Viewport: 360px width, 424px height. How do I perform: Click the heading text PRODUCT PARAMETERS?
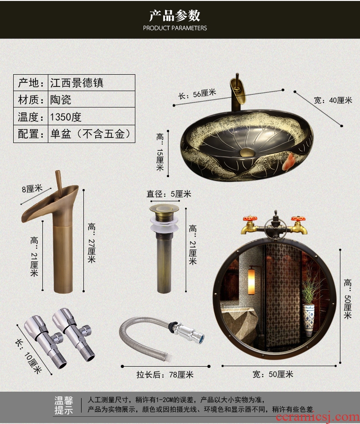coord(175,28)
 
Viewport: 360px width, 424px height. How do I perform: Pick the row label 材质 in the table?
coord(28,99)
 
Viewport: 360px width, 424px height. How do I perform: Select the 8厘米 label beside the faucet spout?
coord(32,189)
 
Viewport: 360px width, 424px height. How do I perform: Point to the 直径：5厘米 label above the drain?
coord(169,194)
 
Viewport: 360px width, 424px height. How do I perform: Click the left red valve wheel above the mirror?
coord(250,219)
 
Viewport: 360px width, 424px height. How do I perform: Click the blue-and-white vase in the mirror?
coord(309,320)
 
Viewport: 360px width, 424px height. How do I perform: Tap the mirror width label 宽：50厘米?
coord(273,374)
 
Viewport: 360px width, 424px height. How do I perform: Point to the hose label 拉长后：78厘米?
coord(165,374)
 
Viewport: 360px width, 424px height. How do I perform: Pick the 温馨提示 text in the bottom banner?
coord(64,405)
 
